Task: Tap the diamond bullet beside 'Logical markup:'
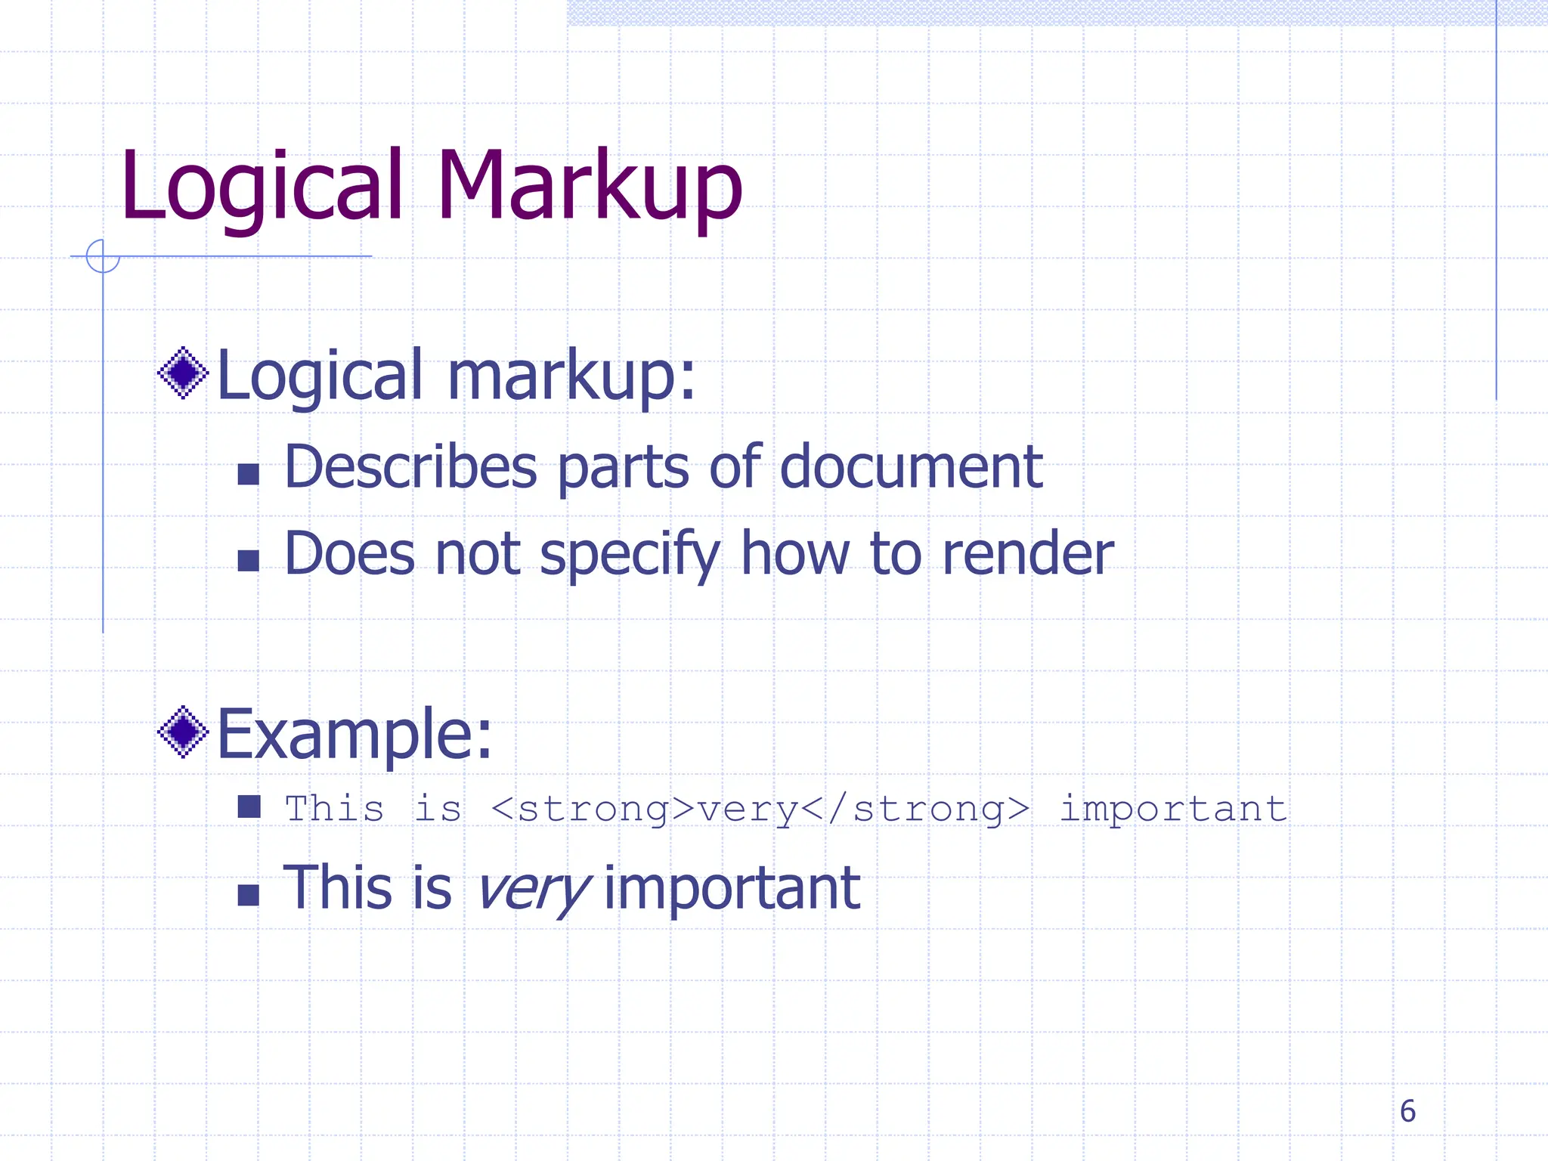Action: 183,373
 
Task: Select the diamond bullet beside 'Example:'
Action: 183,732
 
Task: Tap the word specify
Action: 630,554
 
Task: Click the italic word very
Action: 533,888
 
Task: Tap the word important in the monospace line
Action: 1173,809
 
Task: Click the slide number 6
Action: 1407,1111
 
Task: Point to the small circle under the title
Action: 103,256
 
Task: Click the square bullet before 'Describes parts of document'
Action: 249,474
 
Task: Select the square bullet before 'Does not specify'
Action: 249,561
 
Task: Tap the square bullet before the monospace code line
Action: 249,807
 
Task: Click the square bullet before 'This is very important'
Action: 249,895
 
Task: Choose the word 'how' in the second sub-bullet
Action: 795,554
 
